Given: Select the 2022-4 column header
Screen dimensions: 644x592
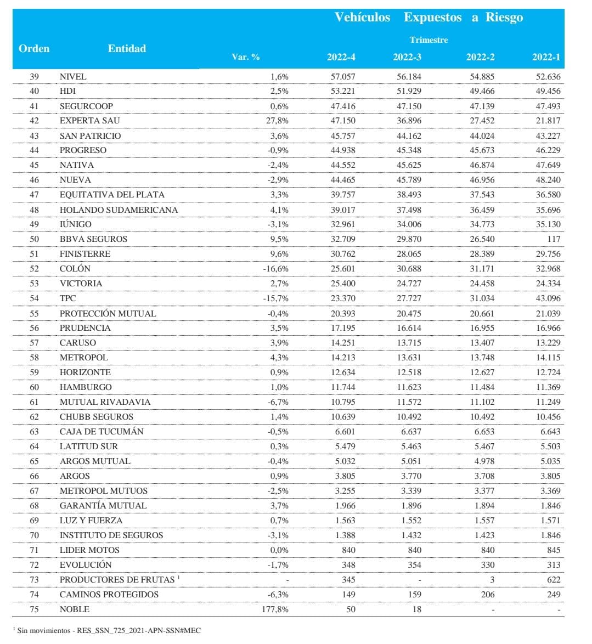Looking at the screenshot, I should coord(341,57).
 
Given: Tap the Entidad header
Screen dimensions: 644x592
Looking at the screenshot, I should coord(127,48).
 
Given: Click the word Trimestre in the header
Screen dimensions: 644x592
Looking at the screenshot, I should coord(429,40).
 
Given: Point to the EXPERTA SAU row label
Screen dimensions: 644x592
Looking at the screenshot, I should coord(89,121).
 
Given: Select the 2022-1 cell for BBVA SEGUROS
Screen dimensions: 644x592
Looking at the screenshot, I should coord(554,239).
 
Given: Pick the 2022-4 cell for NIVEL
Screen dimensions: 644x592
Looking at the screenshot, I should coord(341,76).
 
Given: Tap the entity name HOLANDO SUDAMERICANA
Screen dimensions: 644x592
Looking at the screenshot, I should coord(119,210).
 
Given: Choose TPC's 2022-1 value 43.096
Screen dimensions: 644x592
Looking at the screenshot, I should coord(548,298).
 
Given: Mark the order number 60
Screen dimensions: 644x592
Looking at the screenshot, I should coord(34,387).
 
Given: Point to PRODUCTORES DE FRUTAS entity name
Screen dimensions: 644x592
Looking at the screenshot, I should coord(117,580).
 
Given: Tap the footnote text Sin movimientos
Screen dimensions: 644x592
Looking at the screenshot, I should coord(39,631).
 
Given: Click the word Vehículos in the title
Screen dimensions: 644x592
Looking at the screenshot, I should coord(363,17).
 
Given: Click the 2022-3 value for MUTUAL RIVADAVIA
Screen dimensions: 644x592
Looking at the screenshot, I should coord(409,402).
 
